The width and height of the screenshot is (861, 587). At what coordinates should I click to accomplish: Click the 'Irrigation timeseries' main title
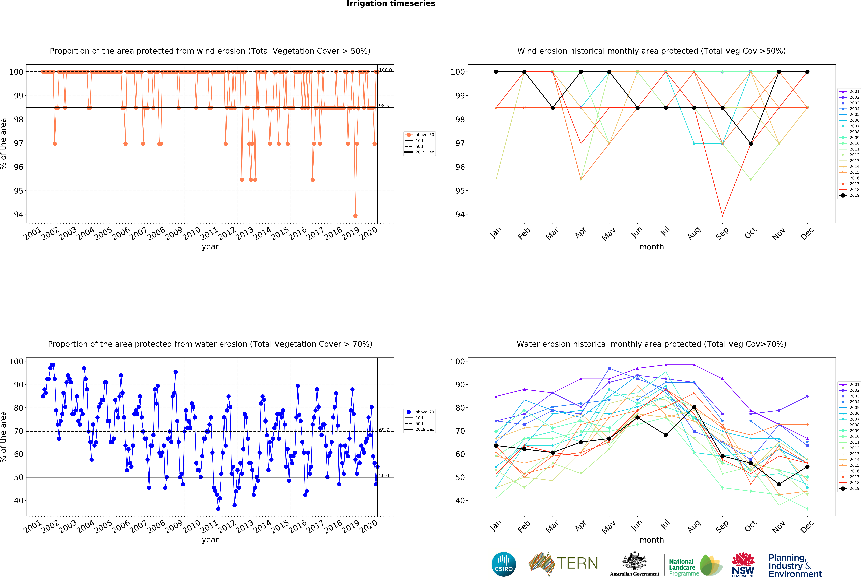pos(391,4)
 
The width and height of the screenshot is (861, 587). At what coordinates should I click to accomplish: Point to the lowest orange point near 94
pos(355,216)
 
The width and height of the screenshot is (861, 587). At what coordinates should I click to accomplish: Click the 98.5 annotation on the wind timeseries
pos(384,106)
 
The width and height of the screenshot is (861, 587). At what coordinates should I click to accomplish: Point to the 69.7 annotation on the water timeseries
pos(384,430)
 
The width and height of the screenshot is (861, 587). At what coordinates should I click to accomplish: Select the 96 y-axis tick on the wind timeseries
pos(19,167)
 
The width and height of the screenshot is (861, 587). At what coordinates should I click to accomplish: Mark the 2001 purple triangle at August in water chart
pos(694,365)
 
